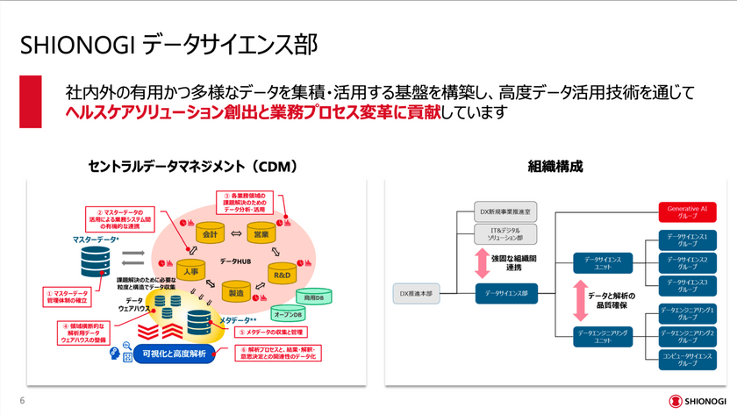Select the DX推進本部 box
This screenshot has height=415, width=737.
coord(417,294)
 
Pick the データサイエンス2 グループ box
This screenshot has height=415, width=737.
coord(687,261)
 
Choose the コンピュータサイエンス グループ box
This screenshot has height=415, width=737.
coord(687,359)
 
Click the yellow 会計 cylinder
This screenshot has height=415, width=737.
coord(210,234)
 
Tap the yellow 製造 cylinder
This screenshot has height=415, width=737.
coord(235,292)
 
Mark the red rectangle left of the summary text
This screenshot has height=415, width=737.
coord(31,101)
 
